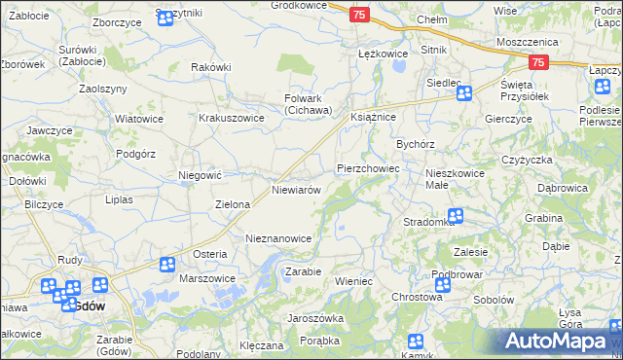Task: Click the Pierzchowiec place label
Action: click(x=369, y=168)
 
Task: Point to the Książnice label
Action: click(x=372, y=116)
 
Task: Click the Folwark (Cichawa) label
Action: click(x=309, y=104)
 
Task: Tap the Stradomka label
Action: click(x=429, y=222)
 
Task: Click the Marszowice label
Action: click(x=207, y=278)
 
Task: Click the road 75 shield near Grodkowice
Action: click(x=360, y=15)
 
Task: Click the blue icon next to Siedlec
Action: click(x=464, y=93)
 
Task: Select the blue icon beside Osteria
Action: click(x=167, y=264)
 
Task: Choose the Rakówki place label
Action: click(x=211, y=67)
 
